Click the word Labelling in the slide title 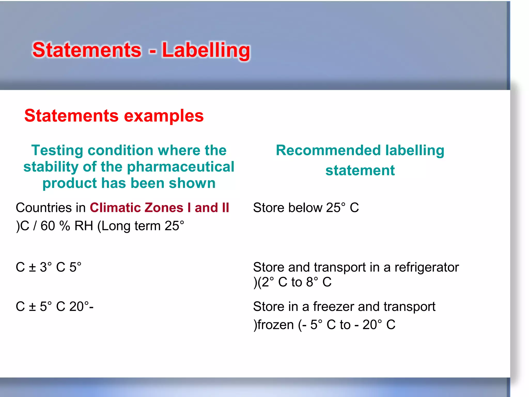(206, 50)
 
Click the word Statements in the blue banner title (87, 50)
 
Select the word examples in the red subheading (164, 116)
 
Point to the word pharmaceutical (181, 167)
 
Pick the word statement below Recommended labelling (360, 170)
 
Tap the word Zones (164, 208)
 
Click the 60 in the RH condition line (48, 226)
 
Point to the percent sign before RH (65, 226)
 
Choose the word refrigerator (427, 267)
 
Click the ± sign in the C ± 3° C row (32, 267)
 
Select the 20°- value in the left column (81, 307)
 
